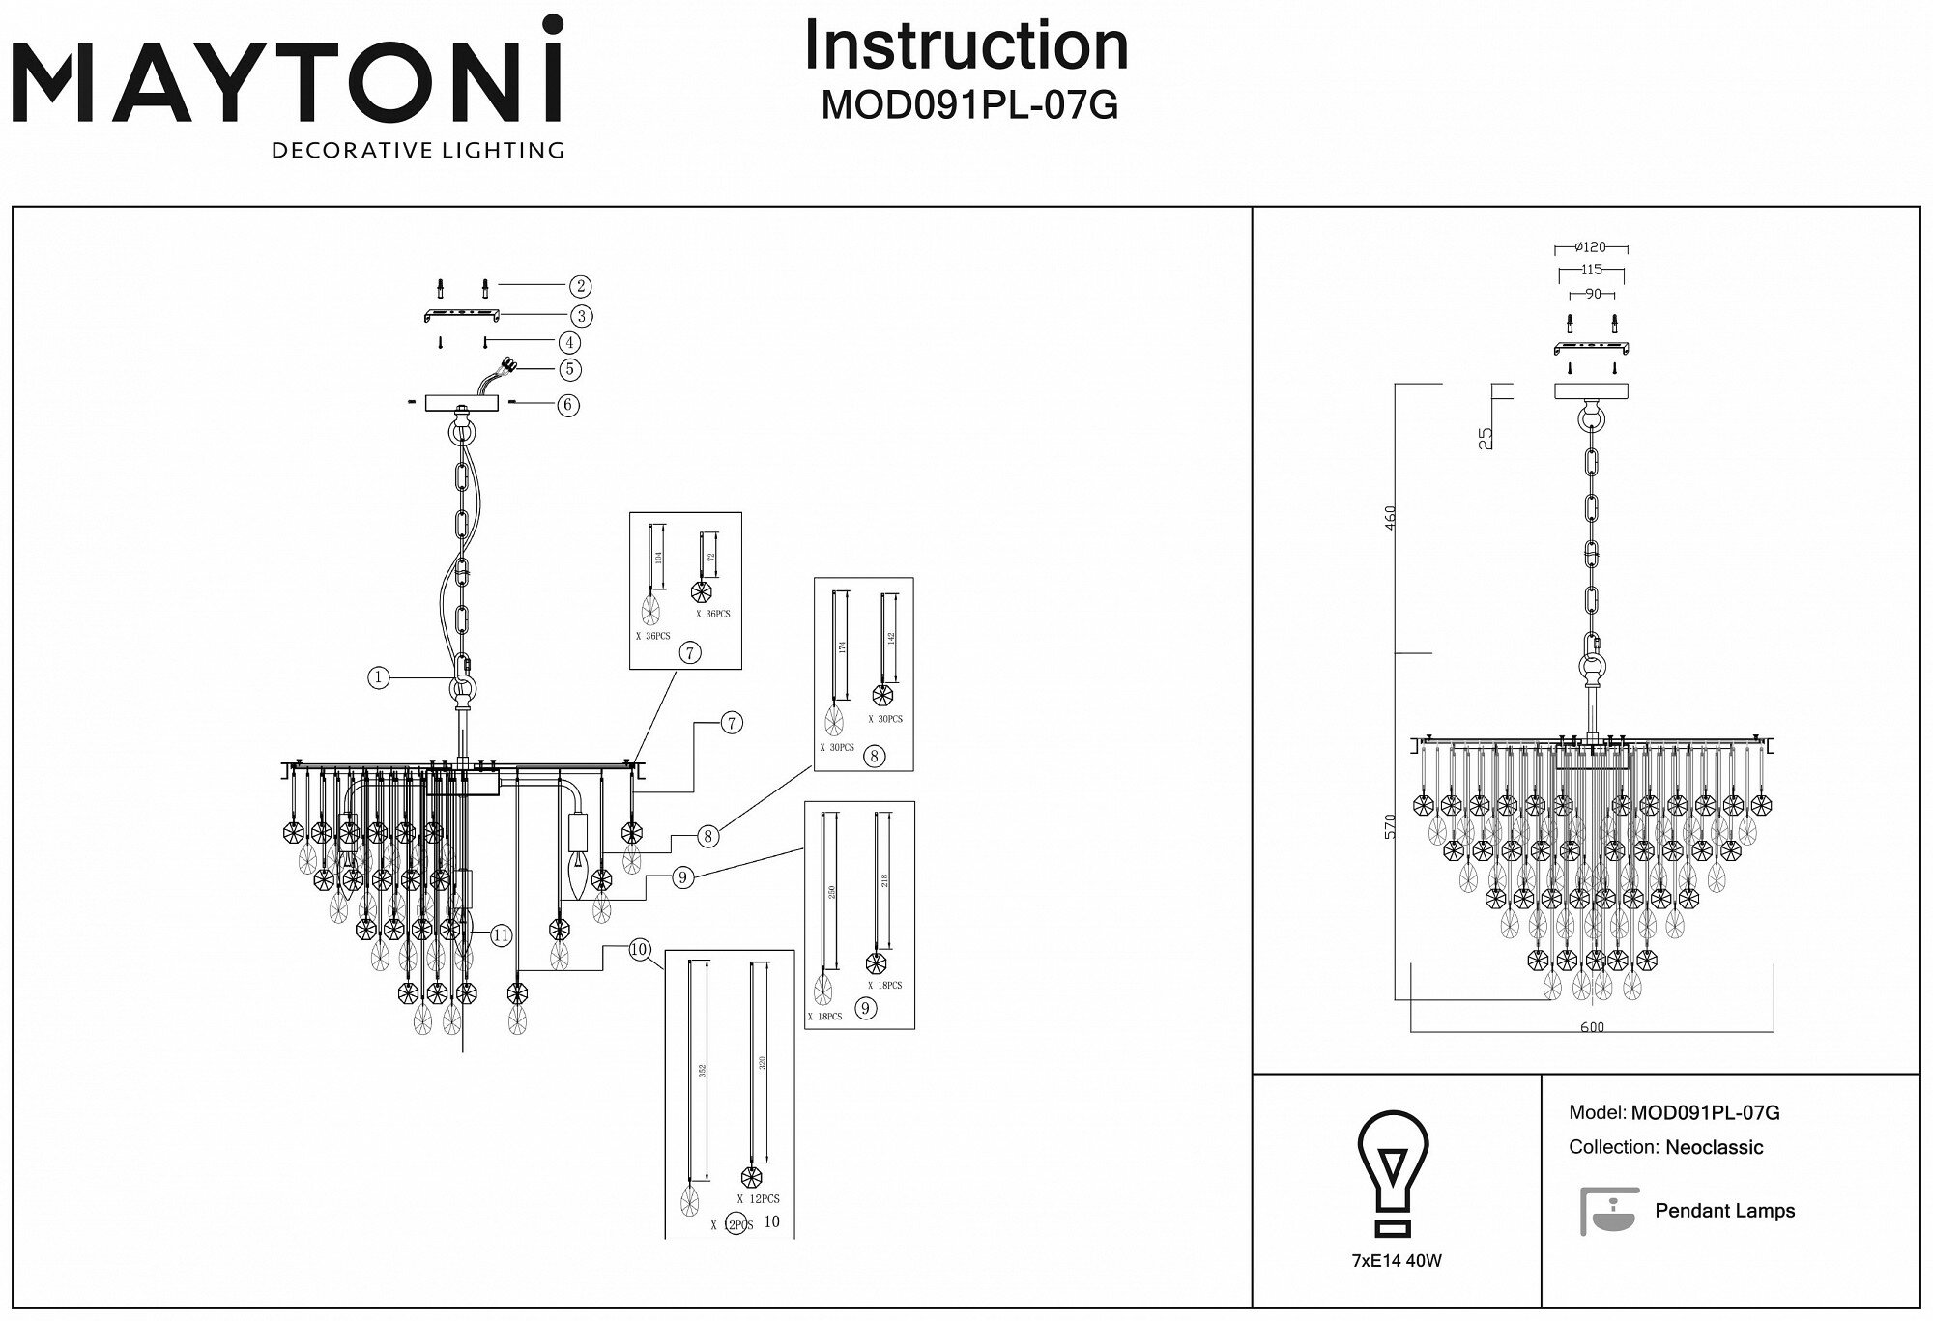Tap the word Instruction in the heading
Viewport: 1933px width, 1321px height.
click(x=966, y=45)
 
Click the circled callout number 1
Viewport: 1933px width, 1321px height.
click(x=379, y=677)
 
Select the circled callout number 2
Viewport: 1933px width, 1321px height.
click(x=579, y=286)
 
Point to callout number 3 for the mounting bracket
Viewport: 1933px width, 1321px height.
click(x=580, y=315)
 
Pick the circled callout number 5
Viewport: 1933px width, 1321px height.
click(x=570, y=368)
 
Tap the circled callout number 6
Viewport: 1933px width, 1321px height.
click(x=568, y=404)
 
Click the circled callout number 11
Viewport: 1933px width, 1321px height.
click(x=501, y=934)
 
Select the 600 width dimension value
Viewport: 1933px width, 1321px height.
click(x=1592, y=1027)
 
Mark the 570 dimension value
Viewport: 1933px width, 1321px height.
click(x=1391, y=825)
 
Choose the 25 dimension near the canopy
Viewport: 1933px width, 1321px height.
click(x=1486, y=438)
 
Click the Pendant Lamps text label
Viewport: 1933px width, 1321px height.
click(x=1724, y=1211)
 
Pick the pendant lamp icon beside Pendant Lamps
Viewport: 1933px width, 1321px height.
click(x=1610, y=1211)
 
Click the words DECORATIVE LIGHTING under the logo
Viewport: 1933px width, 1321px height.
click(x=418, y=150)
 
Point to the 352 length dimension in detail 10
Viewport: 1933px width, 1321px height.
click(x=703, y=1071)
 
